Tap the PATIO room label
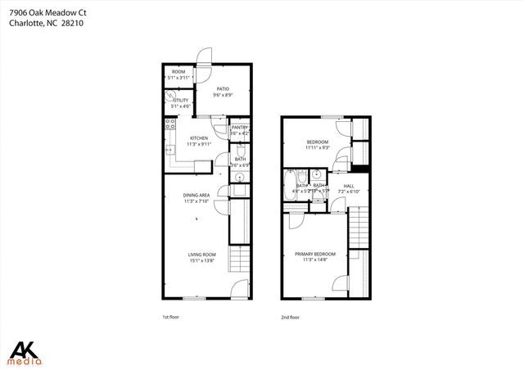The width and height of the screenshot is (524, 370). tap(222, 89)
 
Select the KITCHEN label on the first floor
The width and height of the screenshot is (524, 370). tap(199, 138)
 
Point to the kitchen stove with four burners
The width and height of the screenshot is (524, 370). tap(171, 125)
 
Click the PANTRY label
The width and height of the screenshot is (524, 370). tap(239, 128)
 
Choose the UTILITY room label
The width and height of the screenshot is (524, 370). tap(180, 101)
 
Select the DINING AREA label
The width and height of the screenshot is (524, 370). tap(197, 195)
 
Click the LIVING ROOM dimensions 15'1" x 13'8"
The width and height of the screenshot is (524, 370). tap(202, 261)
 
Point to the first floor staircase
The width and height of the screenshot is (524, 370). tap(237, 263)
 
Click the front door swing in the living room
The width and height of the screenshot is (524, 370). tap(237, 288)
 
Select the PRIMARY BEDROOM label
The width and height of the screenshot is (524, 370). tap(315, 254)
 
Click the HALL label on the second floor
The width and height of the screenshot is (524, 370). tap(348, 187)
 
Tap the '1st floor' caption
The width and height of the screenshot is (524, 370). tap(172, 317)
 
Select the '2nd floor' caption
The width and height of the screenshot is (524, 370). tap(290, 317)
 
